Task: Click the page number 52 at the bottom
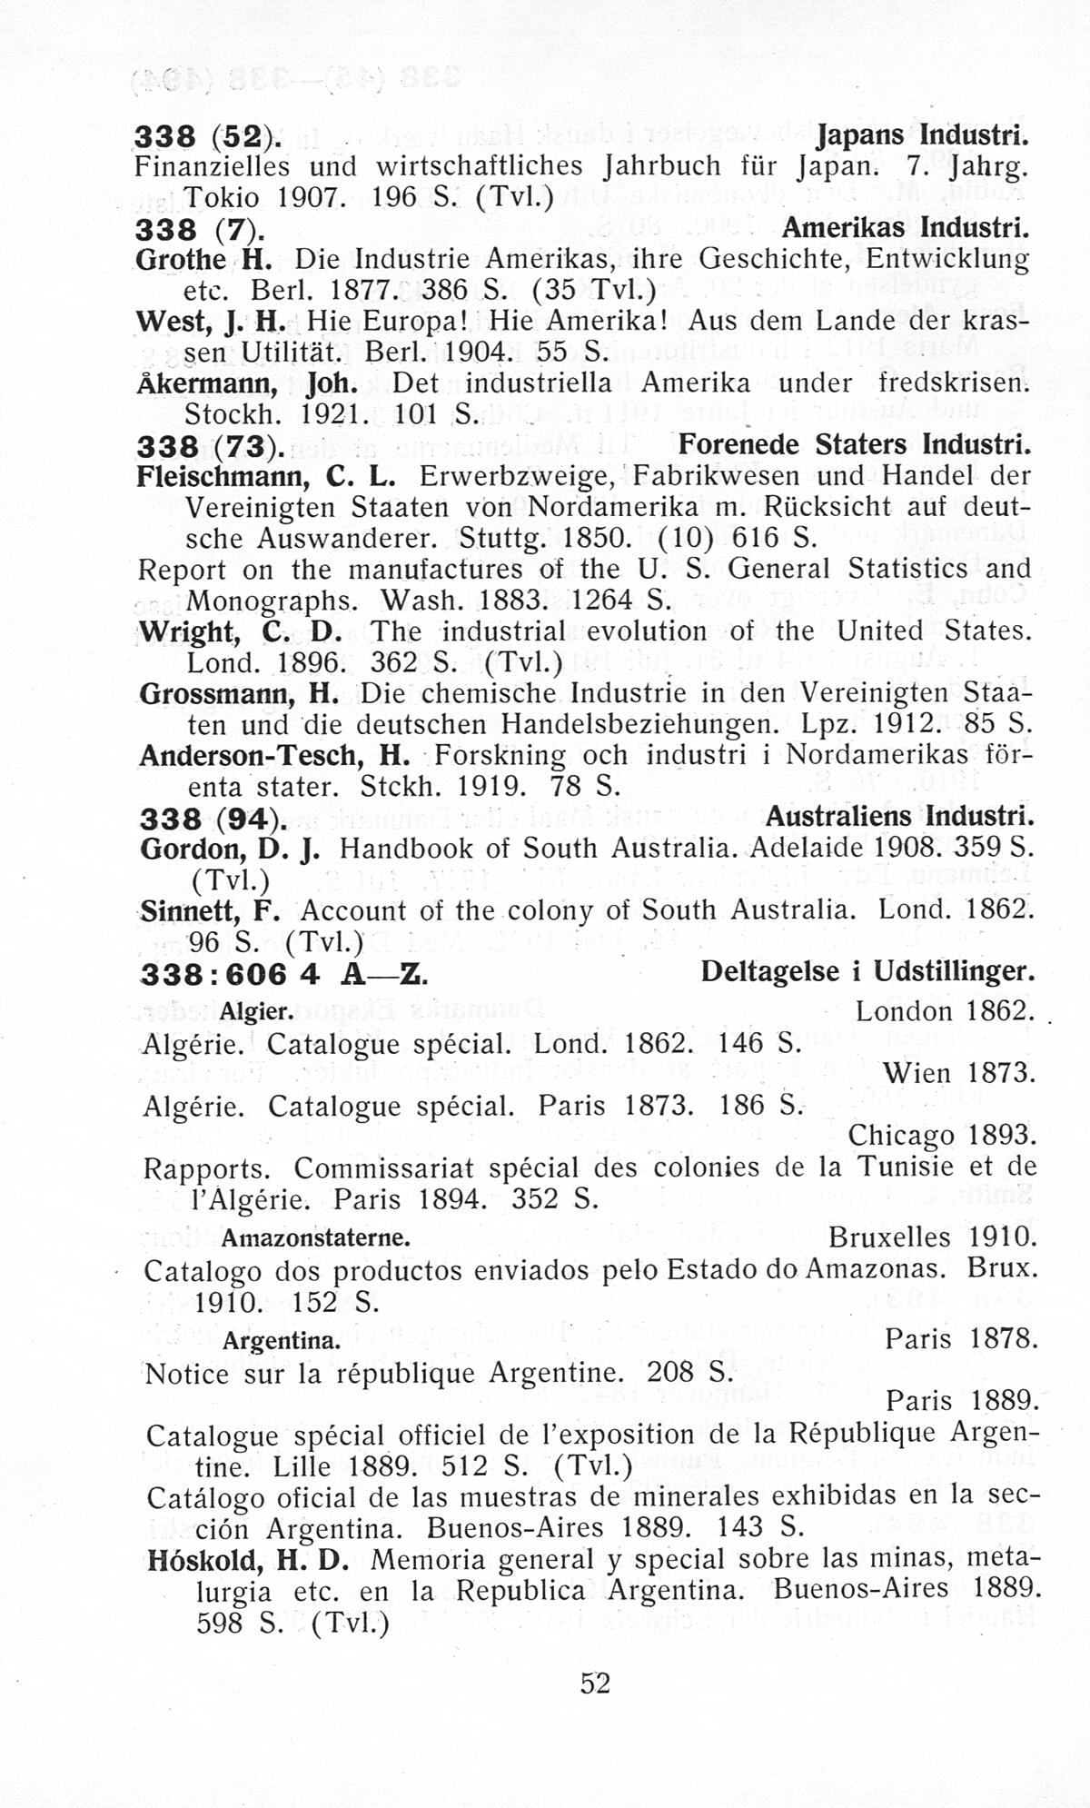(x=595, y=1684)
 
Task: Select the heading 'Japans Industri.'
(x=924, y=135)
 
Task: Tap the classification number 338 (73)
(x=210, y=446)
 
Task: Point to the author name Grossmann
(x=219, y=694)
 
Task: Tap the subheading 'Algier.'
(x=256, y=1011)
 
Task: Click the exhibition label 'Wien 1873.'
(x=959, y=1073)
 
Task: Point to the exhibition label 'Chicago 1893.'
(x=941, y=1136)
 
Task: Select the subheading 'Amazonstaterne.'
(x=316, y=1238)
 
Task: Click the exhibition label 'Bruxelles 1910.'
(x=932, y=1237)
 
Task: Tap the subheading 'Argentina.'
(x=282, y=1341)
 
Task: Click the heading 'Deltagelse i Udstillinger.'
(x=867, y=972)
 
